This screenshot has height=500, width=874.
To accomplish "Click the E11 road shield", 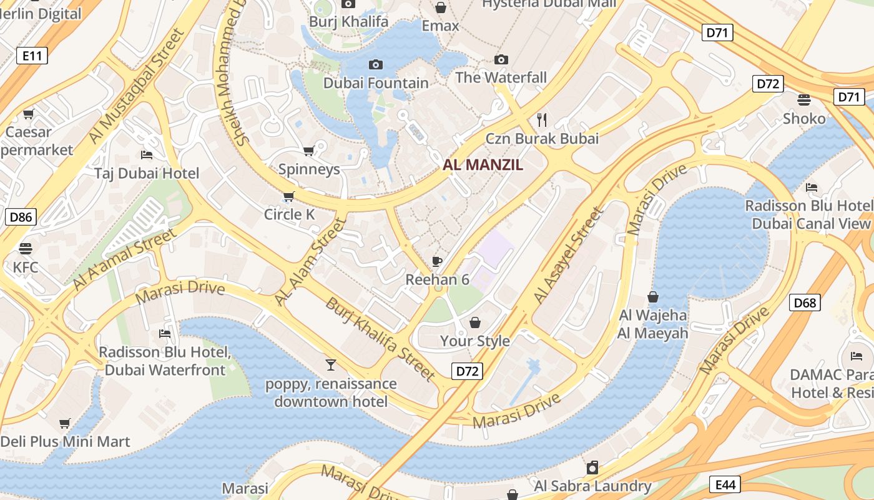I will pos(32,56).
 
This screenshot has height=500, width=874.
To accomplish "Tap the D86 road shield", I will pos(21,217).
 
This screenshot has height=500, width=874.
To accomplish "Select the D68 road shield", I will pos(805,303).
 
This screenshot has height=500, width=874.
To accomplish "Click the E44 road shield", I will pos(725,484).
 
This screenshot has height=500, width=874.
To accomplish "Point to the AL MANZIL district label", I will pos(483,166).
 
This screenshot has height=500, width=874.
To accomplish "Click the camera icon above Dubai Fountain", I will pos(376,64).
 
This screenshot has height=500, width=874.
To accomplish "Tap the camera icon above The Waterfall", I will pos(501,60).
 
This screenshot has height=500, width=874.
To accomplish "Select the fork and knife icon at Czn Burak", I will pos(542,119).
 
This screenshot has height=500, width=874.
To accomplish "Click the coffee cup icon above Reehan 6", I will pos(437,261).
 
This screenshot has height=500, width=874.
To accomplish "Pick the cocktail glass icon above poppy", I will pos(331,364).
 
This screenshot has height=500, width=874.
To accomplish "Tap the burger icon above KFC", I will pos(26,249).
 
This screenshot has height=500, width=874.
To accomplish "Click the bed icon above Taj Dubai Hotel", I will pos(147,154).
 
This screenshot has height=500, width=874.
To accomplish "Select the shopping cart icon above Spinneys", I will pos(308,151).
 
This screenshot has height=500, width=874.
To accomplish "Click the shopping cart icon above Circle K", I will pos(288,197).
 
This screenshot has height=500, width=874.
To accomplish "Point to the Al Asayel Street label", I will pos(569,256).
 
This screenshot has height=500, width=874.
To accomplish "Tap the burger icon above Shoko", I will pos(804,100).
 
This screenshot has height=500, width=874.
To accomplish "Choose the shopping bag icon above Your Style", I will pos(475,322).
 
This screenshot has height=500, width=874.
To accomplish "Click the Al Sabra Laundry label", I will pos(592,486).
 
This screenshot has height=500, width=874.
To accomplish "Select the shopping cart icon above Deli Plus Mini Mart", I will pos(65,423).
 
